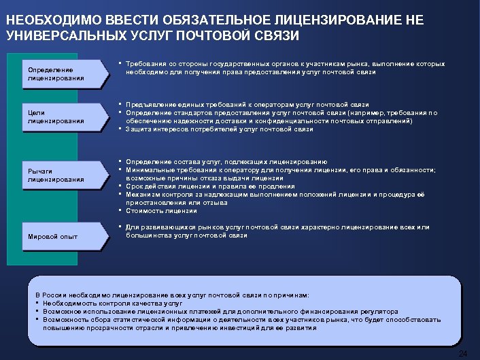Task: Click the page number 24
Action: [x=463, y=353]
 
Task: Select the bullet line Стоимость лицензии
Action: [x=160, y=210]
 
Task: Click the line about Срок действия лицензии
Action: [x=210, y=186]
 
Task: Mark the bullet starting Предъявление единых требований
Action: [x=247, y=105]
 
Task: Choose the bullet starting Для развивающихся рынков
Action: [x=277, y=227]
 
